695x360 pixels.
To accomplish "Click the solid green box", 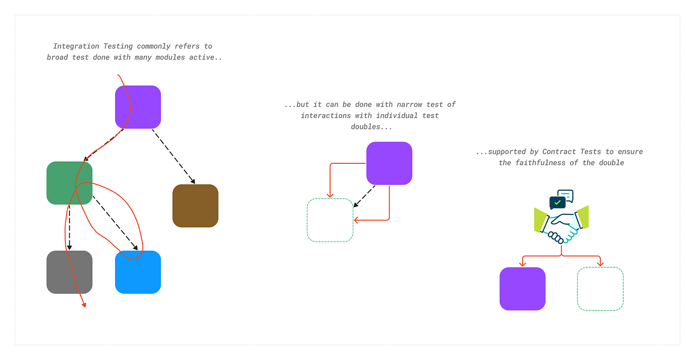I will (69, 183).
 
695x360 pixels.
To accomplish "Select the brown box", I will (195, 206).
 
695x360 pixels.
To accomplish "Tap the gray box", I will (69, 272).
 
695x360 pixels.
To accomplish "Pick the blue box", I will (138, 272).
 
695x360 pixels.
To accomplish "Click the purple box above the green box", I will (138, 107).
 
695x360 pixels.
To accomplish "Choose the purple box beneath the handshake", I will (522, 289).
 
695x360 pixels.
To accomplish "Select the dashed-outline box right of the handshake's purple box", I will (600, 289).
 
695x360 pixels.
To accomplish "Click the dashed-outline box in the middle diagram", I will (330, 220).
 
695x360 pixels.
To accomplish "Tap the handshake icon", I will (562, 224).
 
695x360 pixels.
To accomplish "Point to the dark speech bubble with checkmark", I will (557, 202).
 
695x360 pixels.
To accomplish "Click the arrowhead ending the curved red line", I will (84, 304).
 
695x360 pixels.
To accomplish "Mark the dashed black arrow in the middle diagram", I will (364, 196).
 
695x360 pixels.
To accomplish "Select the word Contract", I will (559, 152).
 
